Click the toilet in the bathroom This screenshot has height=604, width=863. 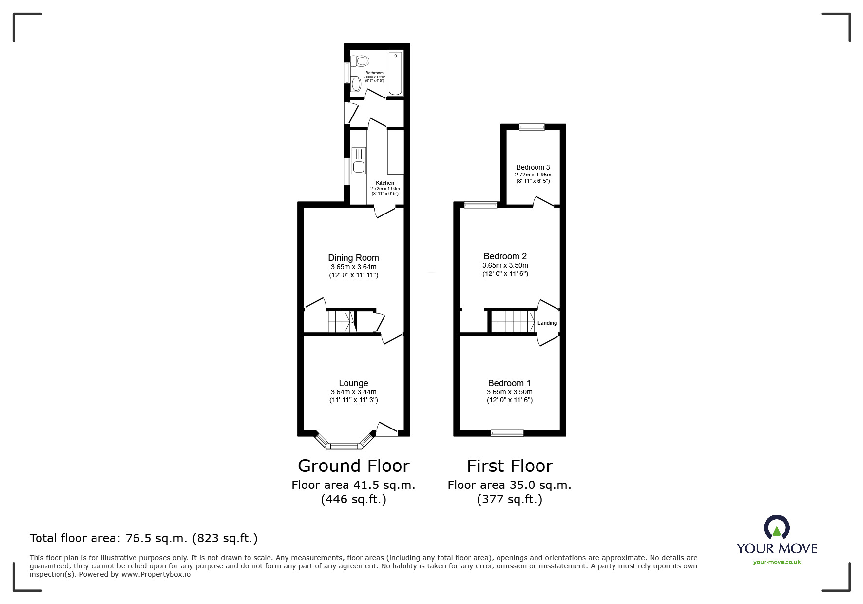tap(361, 61)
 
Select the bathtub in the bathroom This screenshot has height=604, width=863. tap(395, 73)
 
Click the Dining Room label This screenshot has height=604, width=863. tap(353, 258)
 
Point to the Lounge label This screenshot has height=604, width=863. tap(353, 383)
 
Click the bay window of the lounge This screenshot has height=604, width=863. tap(344, 445)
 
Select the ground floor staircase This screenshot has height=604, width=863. tap(340, 322)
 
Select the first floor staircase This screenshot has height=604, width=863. tap(512, 322)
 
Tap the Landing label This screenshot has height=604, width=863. tap(547, 323)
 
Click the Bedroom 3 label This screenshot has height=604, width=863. tap(533, 167)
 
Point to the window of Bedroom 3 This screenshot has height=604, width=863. tap(532, 127)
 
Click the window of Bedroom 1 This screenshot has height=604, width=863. tap(507, 432)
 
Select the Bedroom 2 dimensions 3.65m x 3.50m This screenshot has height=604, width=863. tap(505, 265)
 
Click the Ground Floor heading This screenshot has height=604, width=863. tap(353, 466)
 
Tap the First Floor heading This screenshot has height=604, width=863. tap(510, 466)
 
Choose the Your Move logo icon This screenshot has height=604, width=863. tap(776, 527)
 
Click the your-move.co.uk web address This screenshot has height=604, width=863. tap(777, 562)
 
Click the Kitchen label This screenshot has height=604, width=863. tap(384, 183)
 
